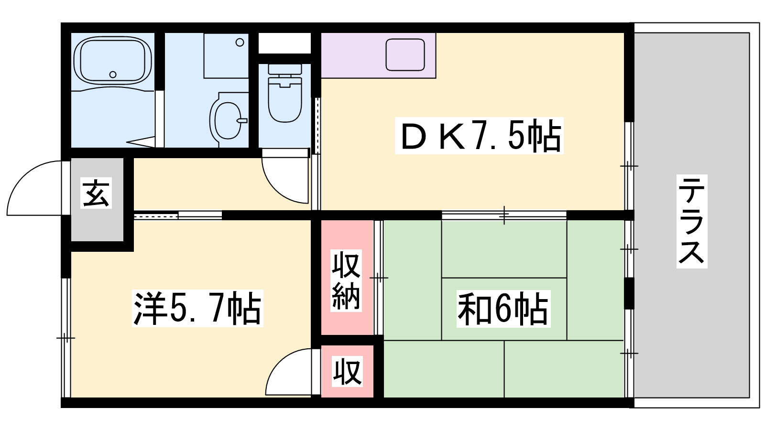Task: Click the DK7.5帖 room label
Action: [480, 136]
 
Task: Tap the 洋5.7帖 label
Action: [198, 308]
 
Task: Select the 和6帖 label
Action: [504, 309]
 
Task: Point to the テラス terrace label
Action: [692, 221]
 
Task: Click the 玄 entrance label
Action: [96, 193]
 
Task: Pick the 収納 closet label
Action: [346, 280]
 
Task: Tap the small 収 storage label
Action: [347, 371]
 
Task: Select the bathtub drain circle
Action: [113, 75]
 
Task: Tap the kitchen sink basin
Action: [405, 54]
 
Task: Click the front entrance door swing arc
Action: [34, 188]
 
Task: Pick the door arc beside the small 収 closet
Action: [289, 372]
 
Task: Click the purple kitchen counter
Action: [378, 55]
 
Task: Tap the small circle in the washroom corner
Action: [240, 43]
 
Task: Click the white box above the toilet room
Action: [284, 43]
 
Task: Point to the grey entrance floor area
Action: [97, 199]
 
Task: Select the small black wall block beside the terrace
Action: [629, 293]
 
